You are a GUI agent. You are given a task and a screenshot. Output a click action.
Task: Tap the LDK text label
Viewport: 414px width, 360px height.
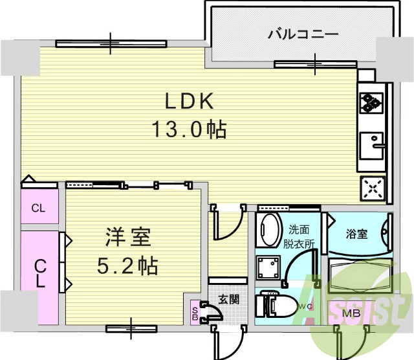189,101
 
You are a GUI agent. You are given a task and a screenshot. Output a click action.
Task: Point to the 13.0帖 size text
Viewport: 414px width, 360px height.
189,129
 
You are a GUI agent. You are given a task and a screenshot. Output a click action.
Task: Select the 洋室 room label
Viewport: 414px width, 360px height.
128,238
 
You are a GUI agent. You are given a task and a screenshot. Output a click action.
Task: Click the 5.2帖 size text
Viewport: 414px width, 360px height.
129,265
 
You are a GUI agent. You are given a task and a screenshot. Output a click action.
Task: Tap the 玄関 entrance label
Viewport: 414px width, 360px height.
228,299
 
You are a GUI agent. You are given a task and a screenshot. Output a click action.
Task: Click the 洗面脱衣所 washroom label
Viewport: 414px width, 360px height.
301,236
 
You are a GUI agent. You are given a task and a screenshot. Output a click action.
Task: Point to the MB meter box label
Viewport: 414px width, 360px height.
351,314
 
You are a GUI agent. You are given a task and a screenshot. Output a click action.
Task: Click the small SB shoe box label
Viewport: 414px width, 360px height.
195,312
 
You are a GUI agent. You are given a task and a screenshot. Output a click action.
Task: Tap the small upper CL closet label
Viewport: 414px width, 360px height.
39,208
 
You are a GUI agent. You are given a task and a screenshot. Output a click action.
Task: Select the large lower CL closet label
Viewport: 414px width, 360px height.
39,273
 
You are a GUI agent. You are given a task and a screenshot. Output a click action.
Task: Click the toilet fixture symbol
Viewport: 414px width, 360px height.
272,304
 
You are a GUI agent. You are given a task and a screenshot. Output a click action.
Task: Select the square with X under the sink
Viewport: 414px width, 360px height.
373,188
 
